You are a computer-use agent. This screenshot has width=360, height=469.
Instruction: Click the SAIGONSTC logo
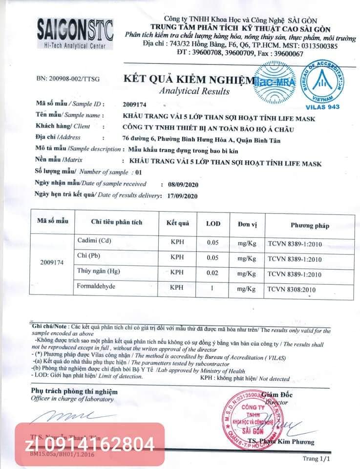point(75,33)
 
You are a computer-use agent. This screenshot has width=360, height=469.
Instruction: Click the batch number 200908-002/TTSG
point(67,79)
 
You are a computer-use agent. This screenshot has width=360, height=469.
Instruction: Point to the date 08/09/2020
point(182,185)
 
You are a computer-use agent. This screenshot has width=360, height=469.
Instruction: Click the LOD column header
point(213,224)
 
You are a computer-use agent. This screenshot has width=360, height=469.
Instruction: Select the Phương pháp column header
point(310,225)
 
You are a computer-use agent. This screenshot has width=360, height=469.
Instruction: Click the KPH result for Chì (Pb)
point(177,257)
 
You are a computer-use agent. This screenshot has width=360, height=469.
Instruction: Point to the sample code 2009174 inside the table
point(51,262)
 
